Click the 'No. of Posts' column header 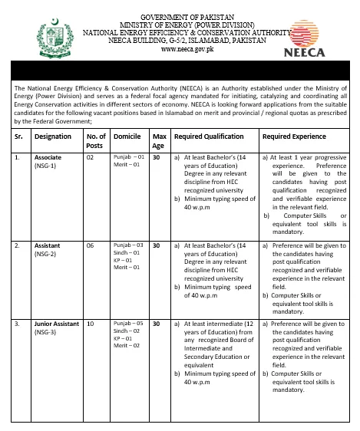[95, 140]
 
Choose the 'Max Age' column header [158, 140]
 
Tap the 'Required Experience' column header [296, 137]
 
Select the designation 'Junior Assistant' [56, 324]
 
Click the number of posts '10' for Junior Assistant [90, 324]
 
